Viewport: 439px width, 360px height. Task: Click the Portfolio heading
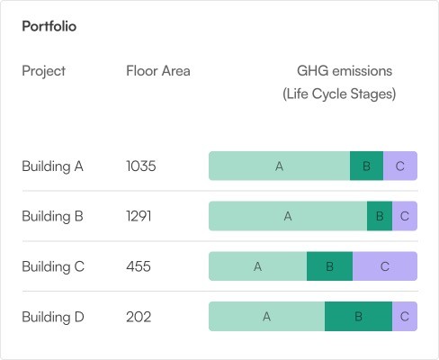coord(49,26)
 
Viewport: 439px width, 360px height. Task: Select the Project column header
coord(44,71)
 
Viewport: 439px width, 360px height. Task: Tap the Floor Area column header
coord(158,71)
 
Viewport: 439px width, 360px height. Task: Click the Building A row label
coord(52,166)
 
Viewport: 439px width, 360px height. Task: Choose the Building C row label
coord(53,266)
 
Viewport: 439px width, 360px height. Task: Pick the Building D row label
coord(53,317)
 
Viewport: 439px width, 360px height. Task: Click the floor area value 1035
coord(141,166)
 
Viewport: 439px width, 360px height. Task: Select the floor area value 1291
coord(139,216)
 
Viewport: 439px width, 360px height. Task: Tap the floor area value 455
coord(139,266)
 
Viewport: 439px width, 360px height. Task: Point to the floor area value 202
coord(139,317)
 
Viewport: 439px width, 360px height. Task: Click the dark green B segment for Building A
coord(366,166)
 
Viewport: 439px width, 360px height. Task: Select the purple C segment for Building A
coord(400,166)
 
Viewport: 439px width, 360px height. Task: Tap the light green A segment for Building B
coord(288,216)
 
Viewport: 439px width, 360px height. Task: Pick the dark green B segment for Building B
coord(380,216)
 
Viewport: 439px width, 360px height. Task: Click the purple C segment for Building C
coord(385,266)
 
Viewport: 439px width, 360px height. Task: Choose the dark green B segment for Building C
coord(329,266)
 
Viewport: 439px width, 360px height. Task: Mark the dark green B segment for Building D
coord(358,317)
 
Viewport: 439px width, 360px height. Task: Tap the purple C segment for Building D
coord(405,317)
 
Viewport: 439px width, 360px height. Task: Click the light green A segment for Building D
coord(266,317)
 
